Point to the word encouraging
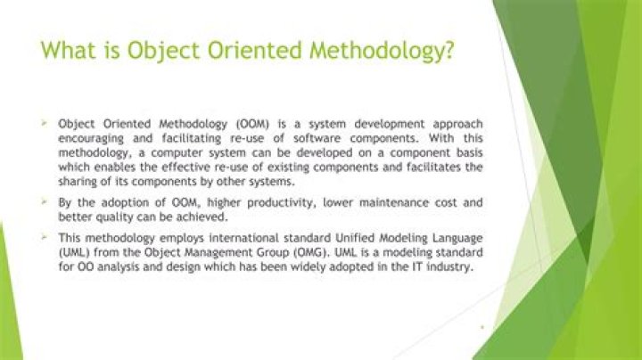pyautogui.click(x=91, y=139)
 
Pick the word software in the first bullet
pyautogui.click(x=317, y=138)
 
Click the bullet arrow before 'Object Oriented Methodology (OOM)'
pyautogui.click(x=44, y=122)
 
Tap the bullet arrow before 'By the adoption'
pyautogui.click(x=44, y=200)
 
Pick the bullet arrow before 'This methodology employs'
pyautogui.click(x=44, y=236)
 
